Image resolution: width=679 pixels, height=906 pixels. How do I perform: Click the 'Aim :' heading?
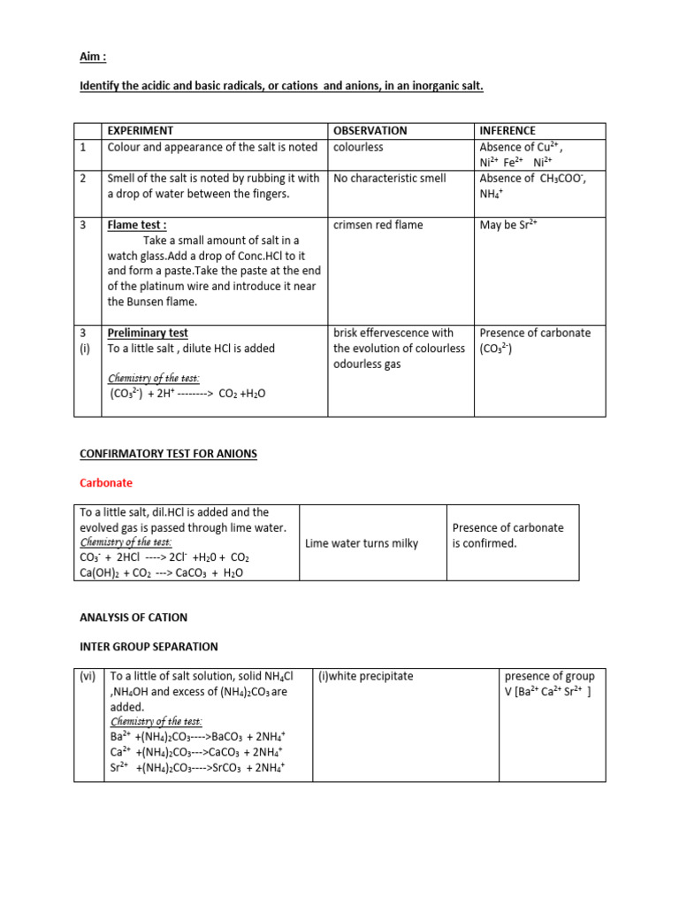click(x=93, y=56)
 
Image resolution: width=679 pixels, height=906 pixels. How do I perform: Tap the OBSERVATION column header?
click(x=370, y=131)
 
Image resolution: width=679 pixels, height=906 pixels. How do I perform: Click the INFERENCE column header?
click(x=507, y=131)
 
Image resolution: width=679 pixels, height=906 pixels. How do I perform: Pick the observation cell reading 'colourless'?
click(x=358, y=147)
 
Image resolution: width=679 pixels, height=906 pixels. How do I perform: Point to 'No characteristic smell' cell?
click(x=390, y=178)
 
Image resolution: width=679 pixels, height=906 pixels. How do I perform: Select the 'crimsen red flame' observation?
click(x=378, y=225)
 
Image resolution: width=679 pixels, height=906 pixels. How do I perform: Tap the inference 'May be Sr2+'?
click(x=508, y=225)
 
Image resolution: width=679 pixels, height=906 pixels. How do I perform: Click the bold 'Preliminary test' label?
click(x=148, y=333)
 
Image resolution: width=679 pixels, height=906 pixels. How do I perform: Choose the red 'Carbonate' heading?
click(x=106, y=483)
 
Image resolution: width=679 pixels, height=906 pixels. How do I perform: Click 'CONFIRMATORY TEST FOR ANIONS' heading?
click(x=168, y=454)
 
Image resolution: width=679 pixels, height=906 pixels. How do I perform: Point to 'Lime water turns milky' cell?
click(x=362, y=543)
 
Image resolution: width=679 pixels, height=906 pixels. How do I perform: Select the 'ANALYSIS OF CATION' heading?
click(x=134, y=617)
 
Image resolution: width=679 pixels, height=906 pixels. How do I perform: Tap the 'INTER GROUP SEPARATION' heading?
click(x=148, y=647)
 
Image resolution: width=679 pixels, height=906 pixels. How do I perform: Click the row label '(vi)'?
click(x=88, y=676)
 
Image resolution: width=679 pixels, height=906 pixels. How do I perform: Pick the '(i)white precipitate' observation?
click(x=365, y=676)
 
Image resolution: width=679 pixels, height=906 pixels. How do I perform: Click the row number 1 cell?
click(x=83, y=148)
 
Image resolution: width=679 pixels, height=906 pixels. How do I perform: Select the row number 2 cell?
click(x=83, y=178)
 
